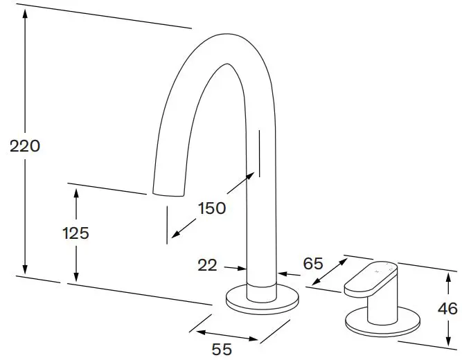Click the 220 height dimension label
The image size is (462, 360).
point(26,146)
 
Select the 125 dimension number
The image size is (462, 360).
point(75,233)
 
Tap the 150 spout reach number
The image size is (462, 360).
point(211,208)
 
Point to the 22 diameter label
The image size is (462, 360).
point(207,264)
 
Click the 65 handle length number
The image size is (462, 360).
point(314,263)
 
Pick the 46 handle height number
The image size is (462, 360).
point(448,308)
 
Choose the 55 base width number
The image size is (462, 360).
point(222,350)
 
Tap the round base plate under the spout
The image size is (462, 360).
point(263,300)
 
